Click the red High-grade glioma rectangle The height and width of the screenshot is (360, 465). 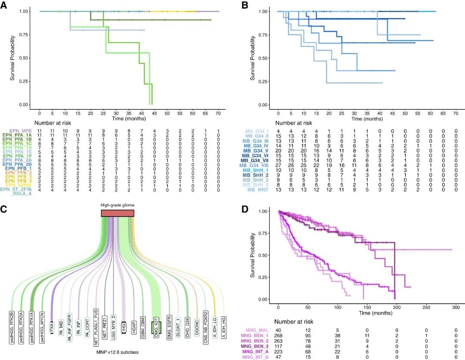pyautogui.click(x=118, y=213)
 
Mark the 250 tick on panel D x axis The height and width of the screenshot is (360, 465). pyautogui.click(x=426, y=309)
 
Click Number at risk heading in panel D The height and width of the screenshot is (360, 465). pyautogui.click(x=291, y=322)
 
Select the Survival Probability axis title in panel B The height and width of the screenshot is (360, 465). pyautogui.click(x=252, y=58)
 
